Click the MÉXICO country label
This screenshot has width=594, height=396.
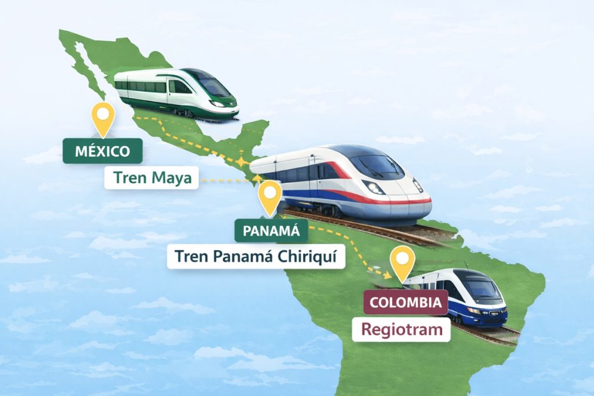click(x=103, y=152)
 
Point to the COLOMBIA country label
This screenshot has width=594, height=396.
click(x=405, y=302)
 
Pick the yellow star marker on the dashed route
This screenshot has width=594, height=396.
click(x=240, y=161)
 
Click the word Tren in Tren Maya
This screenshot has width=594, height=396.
click(x=131, y=178)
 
